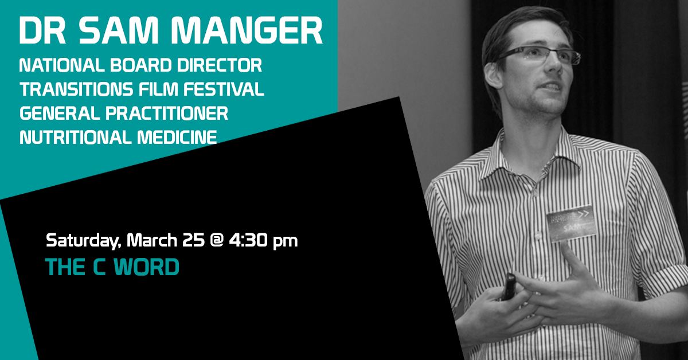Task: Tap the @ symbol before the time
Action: click(216, 240)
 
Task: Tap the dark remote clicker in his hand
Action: click(508, 286)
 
